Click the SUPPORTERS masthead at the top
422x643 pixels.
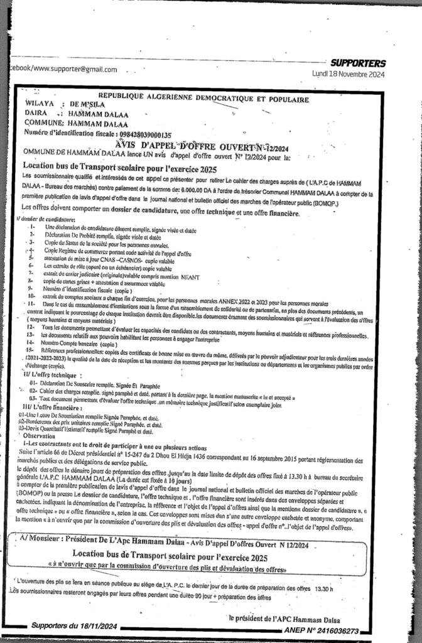(358, 63)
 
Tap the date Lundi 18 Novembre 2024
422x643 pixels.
(349, 74)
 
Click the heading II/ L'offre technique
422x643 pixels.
(53, 374)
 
